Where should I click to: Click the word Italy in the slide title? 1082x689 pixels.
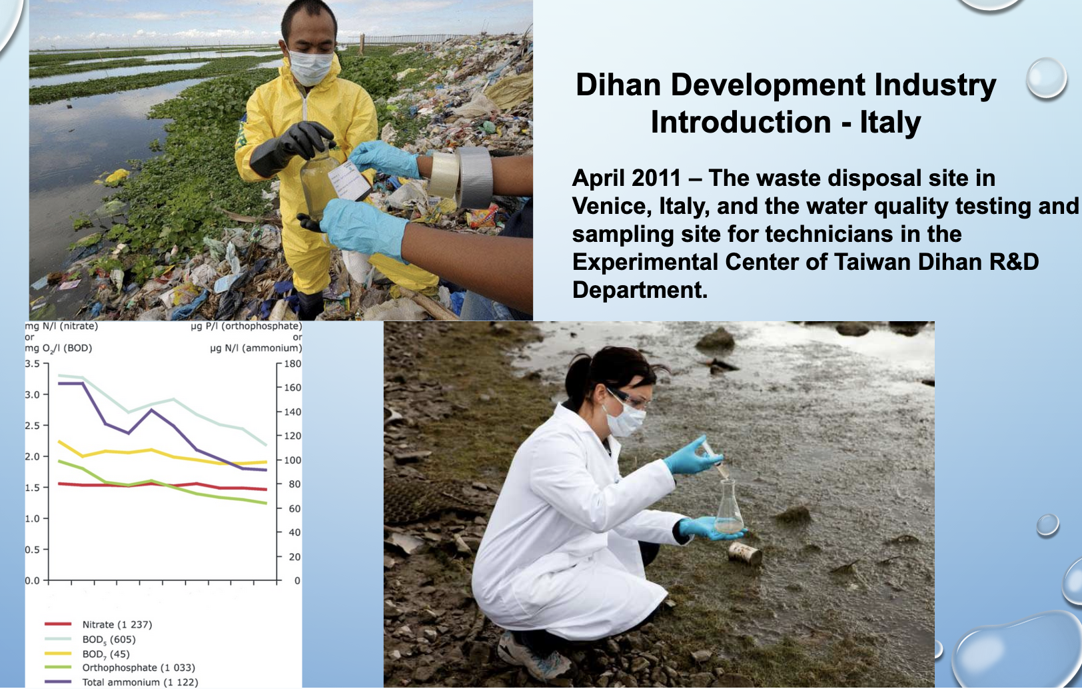pyautogui.click(x=890, y=122)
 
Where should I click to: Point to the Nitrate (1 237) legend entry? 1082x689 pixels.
pyautogui.click(x=99, y=624)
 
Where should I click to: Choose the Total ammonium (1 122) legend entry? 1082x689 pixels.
pyautogui.click(x=121, y=682)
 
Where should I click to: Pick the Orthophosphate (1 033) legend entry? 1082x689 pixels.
pyautogui.click(x=120, y=667)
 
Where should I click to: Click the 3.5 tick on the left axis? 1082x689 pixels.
pyautogui.click(x=33, y=363)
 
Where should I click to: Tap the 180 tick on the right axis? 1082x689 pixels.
pyautogui.click(x=292, y=363)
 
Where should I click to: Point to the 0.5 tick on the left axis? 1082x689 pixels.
pyautogui.click(x=33, y=549)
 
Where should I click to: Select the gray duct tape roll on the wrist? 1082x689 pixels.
pyautogui.click(x=474, y=177)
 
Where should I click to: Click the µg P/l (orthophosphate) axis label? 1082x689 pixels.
pyautogui.click(x=247, y=326)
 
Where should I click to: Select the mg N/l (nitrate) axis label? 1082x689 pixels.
pyautogui.click(x=61, y=326)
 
